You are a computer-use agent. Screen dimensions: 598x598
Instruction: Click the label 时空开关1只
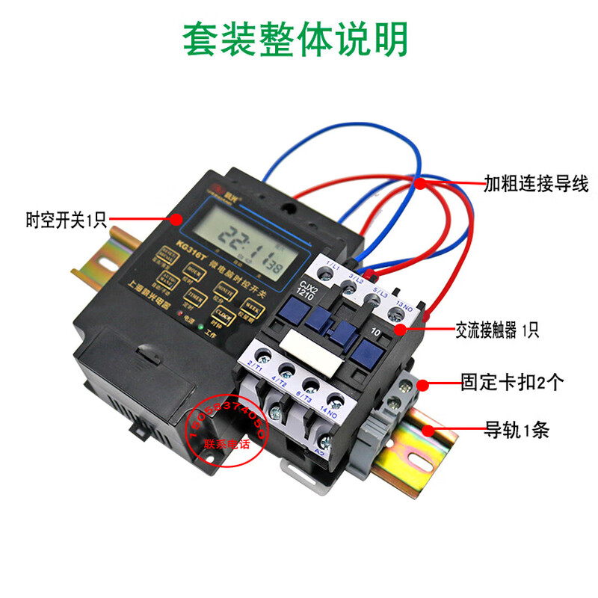67,221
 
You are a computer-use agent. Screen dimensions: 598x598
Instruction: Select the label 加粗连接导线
535,183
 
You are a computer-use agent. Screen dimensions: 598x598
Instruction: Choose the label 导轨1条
517,431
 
